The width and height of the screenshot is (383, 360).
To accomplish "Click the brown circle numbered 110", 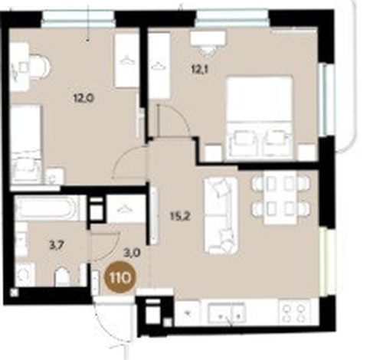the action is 119,278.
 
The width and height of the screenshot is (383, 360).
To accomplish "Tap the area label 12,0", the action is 84,97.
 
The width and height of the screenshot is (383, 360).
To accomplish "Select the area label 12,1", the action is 200,69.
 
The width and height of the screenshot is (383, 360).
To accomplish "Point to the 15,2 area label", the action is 180,217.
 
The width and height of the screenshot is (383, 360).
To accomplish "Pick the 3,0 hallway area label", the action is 132,254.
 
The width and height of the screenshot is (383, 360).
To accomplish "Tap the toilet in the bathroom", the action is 63,277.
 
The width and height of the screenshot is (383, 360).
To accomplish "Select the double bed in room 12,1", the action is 260,118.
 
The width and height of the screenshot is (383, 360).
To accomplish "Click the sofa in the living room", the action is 221,216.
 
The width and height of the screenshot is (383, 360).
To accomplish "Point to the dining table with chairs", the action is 280,198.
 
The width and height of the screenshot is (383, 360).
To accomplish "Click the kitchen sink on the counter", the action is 227,313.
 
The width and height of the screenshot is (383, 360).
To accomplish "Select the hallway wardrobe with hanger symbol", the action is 126,208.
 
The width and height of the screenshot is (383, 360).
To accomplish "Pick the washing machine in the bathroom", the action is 25,274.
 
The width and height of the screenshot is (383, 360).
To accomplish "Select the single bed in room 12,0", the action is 26,143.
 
